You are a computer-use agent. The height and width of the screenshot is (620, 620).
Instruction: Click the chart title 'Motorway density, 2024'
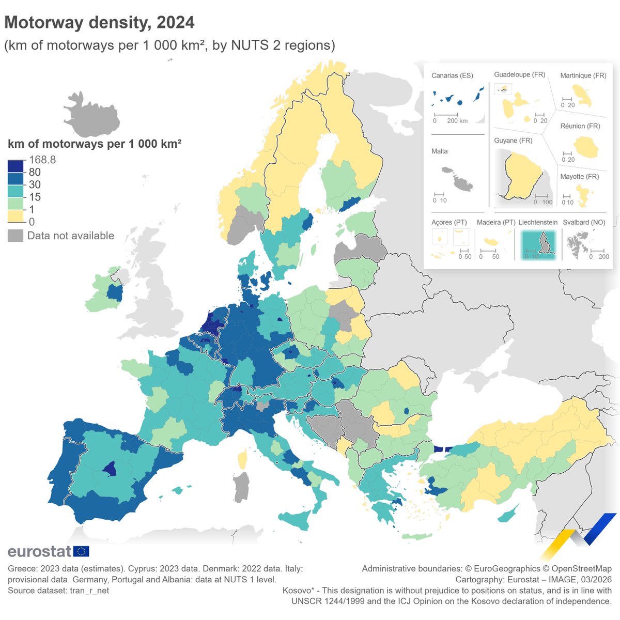point(99,22)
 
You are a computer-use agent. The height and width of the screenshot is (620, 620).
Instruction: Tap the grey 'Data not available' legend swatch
point(16,236)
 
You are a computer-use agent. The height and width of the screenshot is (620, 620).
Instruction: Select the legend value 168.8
point(42,160)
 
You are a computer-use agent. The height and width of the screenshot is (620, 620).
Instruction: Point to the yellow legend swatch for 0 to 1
point(16,215)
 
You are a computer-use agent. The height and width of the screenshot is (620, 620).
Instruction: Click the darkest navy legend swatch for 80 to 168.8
point(16,166)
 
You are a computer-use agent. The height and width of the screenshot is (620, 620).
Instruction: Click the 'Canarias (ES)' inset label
point(452,75)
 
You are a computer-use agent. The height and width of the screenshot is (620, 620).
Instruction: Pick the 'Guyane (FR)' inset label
point(513,141)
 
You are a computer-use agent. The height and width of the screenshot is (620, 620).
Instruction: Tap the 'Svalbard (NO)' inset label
point(584,222)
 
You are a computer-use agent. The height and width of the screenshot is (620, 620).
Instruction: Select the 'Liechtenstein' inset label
point(538,222)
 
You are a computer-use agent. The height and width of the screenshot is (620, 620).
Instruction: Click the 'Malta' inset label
point(440,151)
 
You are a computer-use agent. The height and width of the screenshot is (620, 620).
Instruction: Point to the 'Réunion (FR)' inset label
point(580,126)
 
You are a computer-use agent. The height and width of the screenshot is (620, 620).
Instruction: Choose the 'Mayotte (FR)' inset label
point(580,177)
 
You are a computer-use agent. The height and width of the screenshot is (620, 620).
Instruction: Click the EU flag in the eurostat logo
point(81,551)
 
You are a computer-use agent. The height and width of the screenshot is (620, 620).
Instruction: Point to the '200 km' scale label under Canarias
point(457,121)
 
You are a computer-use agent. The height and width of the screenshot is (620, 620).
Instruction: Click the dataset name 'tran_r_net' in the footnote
point(89,591)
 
